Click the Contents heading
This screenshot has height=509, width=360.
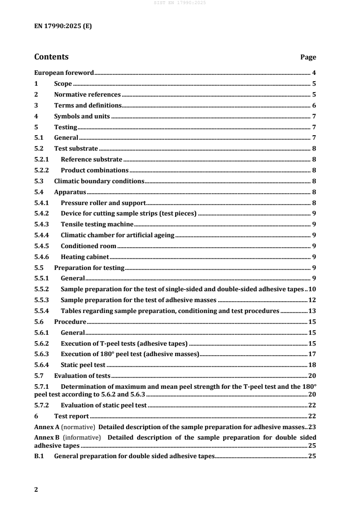click(51, 57)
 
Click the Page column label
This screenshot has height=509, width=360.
click(308, 58)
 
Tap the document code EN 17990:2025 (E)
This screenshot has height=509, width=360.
click(63, 26)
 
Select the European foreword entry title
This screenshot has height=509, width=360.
click(64, 73)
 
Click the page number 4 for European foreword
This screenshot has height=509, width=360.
click(314, 73)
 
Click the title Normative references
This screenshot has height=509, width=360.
click(87, 94)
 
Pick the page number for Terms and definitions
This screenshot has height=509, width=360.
click(314, 105)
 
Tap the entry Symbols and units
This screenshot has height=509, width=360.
click(82, 116)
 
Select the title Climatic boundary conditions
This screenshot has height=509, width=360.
click(99, 181)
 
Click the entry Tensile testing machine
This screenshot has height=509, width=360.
click(97, 224)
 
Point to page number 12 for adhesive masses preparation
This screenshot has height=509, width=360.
click(312, 300)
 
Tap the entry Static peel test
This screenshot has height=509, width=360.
click(83, 365)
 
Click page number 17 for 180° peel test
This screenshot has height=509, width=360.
click(312, 354)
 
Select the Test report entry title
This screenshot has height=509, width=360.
click(71, 416)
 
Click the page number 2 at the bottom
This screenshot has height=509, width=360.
click(36, 490)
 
